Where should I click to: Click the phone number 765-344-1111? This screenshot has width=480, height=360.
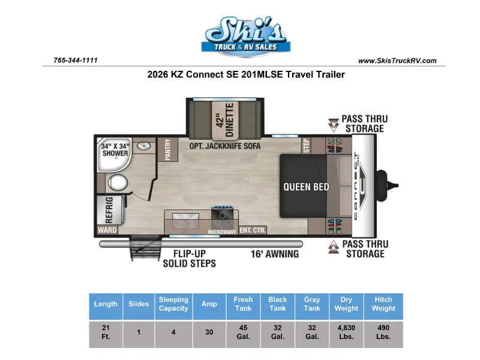tap(76, 61)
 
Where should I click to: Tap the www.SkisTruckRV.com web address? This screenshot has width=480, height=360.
tap(397, 61)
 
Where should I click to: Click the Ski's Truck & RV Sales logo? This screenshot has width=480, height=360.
tap(246, 37)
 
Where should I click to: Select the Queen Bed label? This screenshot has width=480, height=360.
tap(306, 187)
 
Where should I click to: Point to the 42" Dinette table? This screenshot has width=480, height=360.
tap(225, 119)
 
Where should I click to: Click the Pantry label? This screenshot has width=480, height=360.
tap(167, 149)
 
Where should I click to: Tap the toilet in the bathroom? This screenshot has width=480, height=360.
tap(118, 183)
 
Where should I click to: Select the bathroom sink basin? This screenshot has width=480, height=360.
tap(143, 145)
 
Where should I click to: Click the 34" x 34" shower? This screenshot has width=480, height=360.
tap(115, 155)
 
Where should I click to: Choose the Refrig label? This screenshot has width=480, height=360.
tap(109, 210)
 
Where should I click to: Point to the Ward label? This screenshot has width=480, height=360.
tap(107, 230)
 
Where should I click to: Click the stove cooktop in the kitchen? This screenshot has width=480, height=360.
tap(223, 215)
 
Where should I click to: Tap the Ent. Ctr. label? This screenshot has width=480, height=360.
tap(253, 230)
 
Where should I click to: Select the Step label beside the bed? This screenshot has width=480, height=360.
tap(306, 146)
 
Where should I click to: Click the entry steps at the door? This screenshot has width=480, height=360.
tap(146, 248)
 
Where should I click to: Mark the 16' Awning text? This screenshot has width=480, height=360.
tap(275, 254)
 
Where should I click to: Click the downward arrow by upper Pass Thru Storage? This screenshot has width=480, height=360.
tap(334, 125)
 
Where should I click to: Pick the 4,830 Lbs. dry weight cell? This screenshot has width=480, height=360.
tap(346, 332)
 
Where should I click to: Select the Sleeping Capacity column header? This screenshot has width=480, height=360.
tap(173, 304)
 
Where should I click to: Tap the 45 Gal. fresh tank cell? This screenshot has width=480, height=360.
tap(244, 332)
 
